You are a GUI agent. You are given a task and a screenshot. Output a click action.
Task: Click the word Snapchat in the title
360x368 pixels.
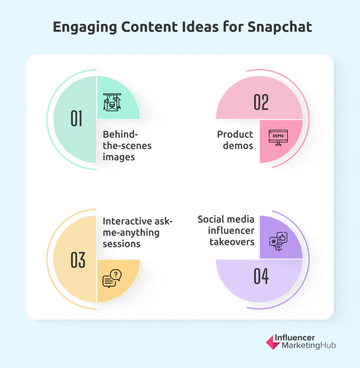(x=280, y=27)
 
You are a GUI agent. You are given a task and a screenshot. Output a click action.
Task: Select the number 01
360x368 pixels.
(x=76, y=119)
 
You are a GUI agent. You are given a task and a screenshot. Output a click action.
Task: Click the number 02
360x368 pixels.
(x=261, y=102)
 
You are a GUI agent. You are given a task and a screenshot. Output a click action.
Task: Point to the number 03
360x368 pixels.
(x=78, y=260)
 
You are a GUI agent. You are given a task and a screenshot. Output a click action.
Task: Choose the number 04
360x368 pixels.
(x=261, y=276)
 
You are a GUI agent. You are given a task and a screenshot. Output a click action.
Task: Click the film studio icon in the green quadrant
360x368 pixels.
(x=112, y=102)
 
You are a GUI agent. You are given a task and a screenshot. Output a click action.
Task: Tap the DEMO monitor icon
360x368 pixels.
(x=278, y=138)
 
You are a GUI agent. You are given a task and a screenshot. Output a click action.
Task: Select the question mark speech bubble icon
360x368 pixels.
(x=112, y=279)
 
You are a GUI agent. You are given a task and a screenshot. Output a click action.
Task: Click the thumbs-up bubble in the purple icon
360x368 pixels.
(x=282, y=238)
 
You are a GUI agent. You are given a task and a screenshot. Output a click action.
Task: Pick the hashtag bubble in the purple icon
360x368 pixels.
(x=273, y=241)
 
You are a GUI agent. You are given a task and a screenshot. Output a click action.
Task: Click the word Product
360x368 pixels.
(x=235, y=134)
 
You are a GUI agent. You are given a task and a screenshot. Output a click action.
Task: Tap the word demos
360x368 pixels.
(x=238, y=146)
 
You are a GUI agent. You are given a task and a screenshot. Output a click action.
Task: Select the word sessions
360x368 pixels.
(x=121, y=244)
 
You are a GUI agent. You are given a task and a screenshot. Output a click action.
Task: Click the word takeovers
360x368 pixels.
(x=232, y=242)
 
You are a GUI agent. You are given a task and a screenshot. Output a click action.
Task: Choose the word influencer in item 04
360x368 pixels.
(x=231, y=230)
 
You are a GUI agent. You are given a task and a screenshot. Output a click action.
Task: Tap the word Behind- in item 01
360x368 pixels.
(x=120, y=134)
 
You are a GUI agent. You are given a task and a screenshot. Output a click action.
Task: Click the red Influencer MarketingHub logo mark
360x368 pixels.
(x=273, y=342)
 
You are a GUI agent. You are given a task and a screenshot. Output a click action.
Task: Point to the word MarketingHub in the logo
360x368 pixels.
(x=309, y=345)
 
